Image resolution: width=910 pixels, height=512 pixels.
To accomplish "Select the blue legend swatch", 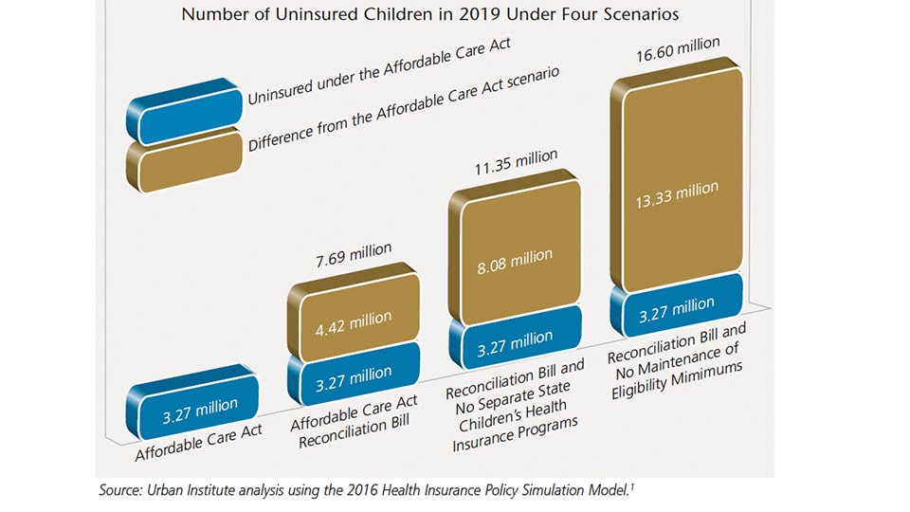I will click(188, 112).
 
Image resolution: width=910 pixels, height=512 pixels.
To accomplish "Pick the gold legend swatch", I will click(188, 161).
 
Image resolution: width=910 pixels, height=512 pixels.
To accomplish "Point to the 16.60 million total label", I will click(678, 45).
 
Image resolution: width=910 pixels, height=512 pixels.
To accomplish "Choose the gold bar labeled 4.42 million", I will click(352, 319).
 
